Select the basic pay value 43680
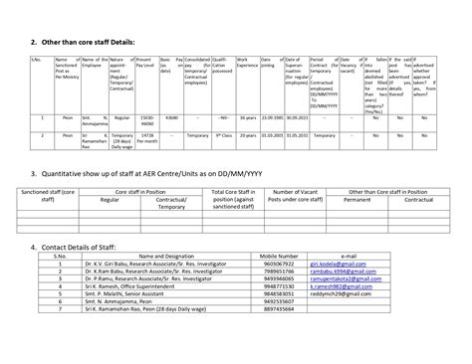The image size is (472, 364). [170, 117]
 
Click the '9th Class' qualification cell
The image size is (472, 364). [223, 132]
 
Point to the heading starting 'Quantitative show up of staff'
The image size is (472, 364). [175, 172]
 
